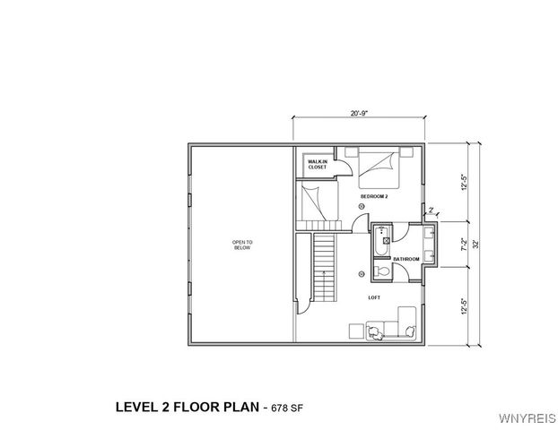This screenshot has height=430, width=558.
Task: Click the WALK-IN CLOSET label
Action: pyautogui.click(x=317, y=164)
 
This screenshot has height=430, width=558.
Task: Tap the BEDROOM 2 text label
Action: pyautogui.click(x=374, y=195)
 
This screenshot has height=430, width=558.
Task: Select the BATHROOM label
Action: pyautogui.click(x=405, y=259)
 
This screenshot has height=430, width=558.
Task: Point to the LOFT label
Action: pyautogui.click(x=374, y=297)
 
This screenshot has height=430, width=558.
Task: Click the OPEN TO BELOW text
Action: pyautogui.click(x=242, y=245)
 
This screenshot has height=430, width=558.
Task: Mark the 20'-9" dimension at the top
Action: pyautogui.click(x=359, y=113)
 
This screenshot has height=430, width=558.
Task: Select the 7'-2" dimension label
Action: pyautogui.click(x=463, y=243)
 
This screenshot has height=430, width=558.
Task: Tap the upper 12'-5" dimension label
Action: pyautogui.click(x=463, y=182)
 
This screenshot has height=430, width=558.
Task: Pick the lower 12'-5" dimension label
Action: pyautogui.click(x=463, y=305)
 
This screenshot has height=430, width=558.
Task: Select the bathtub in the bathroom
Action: pyautogui.click(x=383, y=237)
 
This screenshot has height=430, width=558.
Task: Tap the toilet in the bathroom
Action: pyautogui.click(x=382, y=268)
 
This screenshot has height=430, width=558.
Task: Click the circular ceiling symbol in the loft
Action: pyautogui.click(x=361, y=272)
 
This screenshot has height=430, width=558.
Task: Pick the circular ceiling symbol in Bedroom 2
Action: pyautogui.click(x=361, y=208)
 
